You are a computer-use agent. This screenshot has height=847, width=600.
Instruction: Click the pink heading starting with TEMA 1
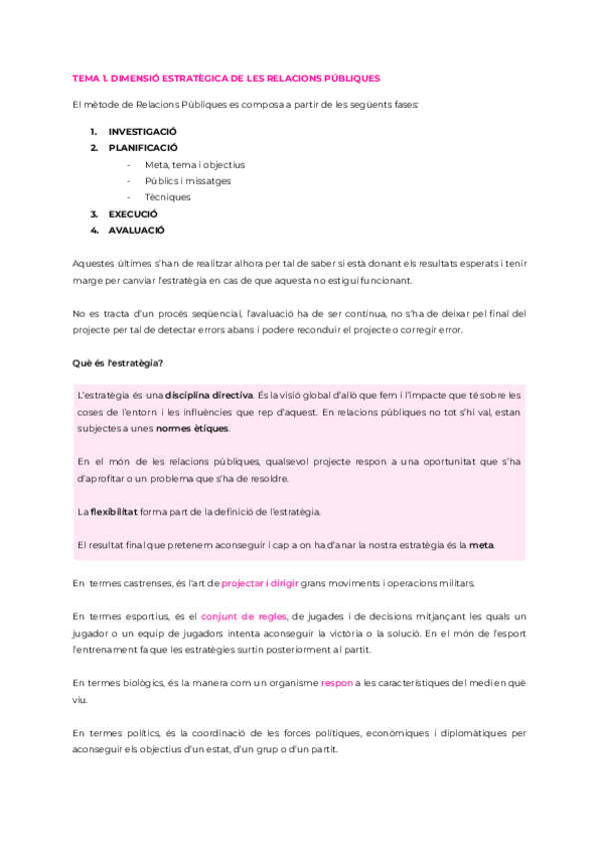(227, 77)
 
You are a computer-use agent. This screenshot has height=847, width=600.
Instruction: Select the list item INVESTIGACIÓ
(143, 132)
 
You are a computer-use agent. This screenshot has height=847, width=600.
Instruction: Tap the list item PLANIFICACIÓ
(143, 148)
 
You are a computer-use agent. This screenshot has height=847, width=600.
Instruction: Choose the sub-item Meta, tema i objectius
(195, 164)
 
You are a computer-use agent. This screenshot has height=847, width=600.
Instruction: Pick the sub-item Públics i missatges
(188, 181)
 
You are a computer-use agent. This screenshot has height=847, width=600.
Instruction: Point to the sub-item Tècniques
(167, 197)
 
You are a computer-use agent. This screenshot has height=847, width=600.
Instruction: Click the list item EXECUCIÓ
(133, 214)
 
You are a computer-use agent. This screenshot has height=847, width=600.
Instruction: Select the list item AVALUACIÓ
(136, 230)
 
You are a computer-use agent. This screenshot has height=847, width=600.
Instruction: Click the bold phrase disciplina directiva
(209, 396)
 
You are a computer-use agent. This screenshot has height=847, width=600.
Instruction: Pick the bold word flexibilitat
(113, 511)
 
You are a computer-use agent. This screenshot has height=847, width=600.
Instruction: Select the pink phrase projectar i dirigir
(263, 582)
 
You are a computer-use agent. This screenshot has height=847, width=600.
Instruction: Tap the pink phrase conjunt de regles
(244, 616)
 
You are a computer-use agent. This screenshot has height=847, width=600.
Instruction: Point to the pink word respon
(336, 683)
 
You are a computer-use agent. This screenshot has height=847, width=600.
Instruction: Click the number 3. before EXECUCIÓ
(94, 214)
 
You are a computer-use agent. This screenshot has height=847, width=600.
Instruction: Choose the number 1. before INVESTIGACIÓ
(94, 132)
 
